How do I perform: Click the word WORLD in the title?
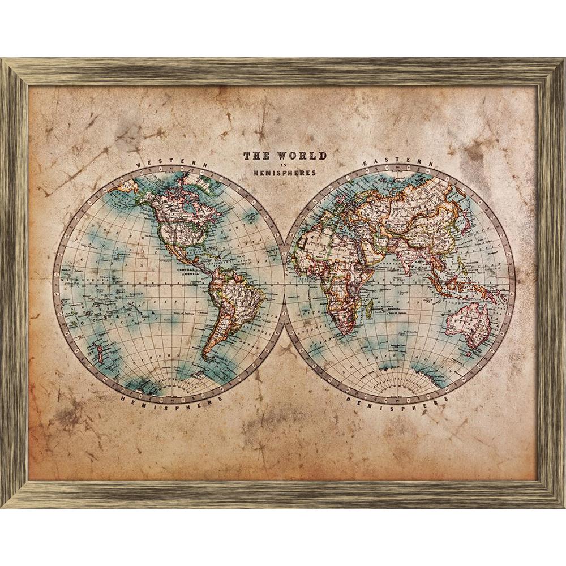click(x=302, y=156)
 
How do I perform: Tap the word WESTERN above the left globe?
click(x=173, y=163)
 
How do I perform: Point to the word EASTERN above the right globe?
click(x=398, y=162)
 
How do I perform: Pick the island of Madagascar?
click(x=370, y=308)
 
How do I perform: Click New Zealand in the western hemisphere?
click(x=100, y=354)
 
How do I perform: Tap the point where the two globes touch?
click(x=284, y=283)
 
